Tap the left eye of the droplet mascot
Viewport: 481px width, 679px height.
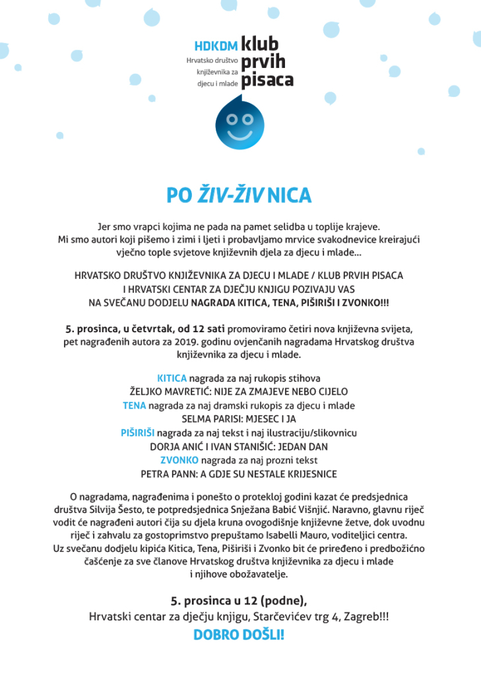[x=231, y=119]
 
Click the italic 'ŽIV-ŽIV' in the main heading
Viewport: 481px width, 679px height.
[x=229, y=196]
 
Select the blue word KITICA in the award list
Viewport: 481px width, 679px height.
[x=172, y=378]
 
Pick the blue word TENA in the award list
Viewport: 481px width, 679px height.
[x=135, y=405]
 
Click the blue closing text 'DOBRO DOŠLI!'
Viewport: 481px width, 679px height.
[x=238, y=635]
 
